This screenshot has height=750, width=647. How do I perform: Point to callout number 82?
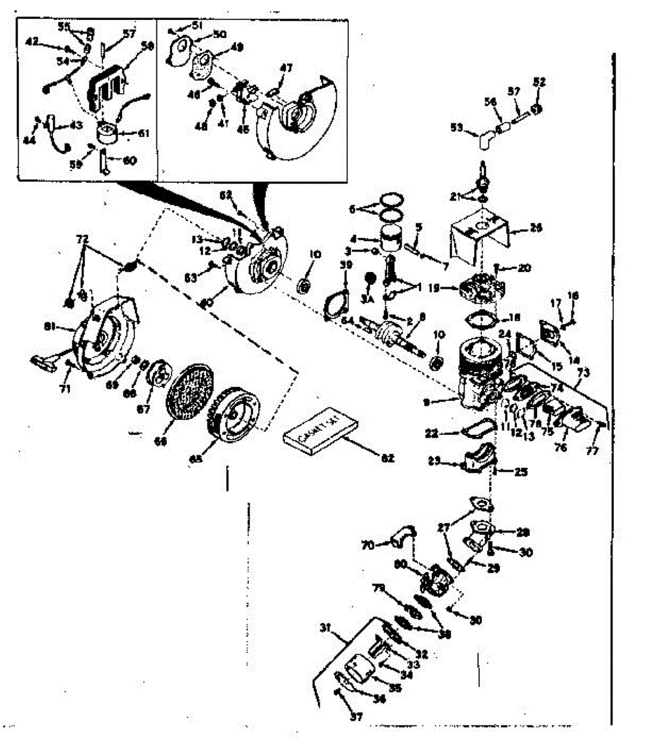click(388, 459)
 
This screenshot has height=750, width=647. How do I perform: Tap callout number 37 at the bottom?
click(356, 717)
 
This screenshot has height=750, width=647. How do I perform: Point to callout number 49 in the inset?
click(236, 47)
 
